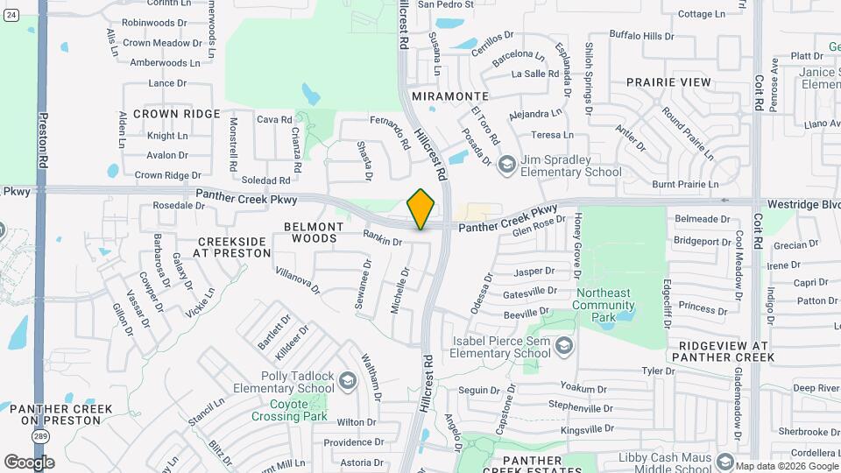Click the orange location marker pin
tap(421, 208)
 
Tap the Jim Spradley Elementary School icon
tap(507, 165)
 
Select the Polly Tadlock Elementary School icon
tap(348, 380)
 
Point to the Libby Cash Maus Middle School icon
tap(724, 462)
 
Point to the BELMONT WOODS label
tap(314, 232)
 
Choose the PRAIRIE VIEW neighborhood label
tap(668, 81)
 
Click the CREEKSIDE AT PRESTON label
tap(235, 247)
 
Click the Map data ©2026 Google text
tap(786, 466)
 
